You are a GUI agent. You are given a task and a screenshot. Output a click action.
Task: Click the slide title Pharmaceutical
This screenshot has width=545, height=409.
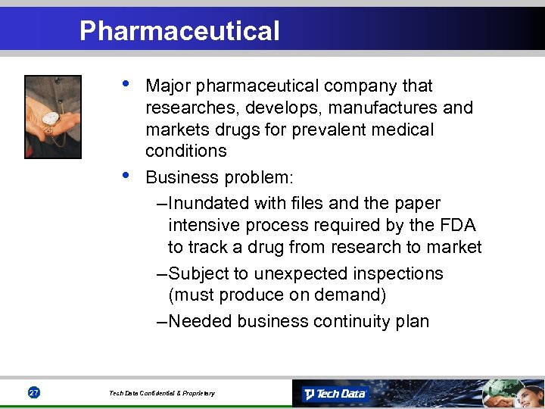(x=179, y=31)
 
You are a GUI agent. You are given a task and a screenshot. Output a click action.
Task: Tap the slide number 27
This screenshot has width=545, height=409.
(x=33, y=392)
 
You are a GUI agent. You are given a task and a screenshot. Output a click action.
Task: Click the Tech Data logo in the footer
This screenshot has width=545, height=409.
(x=335, y=393)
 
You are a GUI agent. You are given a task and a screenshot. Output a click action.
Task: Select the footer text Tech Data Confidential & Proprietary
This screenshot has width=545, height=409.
(x=161, y=393)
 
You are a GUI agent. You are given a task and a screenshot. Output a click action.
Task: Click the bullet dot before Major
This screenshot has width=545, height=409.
(x=126, y=83)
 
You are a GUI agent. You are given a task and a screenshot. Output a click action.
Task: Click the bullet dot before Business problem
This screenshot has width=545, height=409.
(x=126, y=175)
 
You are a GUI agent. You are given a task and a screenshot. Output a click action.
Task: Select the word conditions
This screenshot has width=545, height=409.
(x=185, y=151)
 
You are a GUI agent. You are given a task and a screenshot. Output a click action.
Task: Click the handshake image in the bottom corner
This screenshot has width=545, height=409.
(x=511, y=392)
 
